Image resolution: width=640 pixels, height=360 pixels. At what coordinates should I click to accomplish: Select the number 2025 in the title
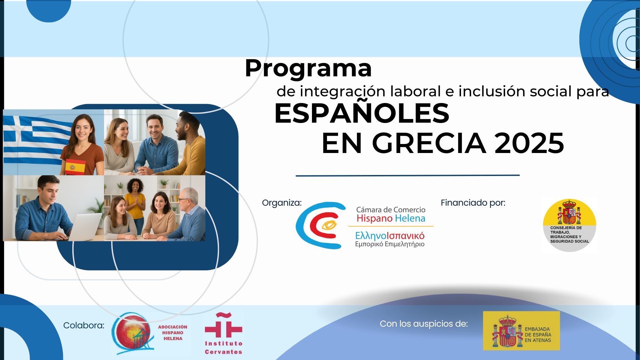point(529,143)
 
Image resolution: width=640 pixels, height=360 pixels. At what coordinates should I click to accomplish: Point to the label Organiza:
point(282,203)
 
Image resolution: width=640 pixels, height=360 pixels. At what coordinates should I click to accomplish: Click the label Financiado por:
point(473,203)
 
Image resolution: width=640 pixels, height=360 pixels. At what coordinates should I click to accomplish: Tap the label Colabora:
point(84,325)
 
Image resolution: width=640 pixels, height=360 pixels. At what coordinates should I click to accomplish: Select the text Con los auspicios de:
point(424,324)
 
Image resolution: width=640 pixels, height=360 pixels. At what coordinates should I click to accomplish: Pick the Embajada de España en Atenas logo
point(521,331)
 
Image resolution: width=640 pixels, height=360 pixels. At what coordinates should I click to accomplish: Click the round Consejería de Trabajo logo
point(570,225)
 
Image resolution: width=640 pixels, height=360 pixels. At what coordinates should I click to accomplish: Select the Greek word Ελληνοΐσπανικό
point(390,236)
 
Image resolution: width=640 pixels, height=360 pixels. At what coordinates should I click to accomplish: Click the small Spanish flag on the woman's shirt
point(75,167)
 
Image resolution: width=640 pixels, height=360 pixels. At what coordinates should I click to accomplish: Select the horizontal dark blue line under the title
point(408,175)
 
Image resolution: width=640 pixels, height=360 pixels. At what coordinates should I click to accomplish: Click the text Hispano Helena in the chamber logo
point(391,219)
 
